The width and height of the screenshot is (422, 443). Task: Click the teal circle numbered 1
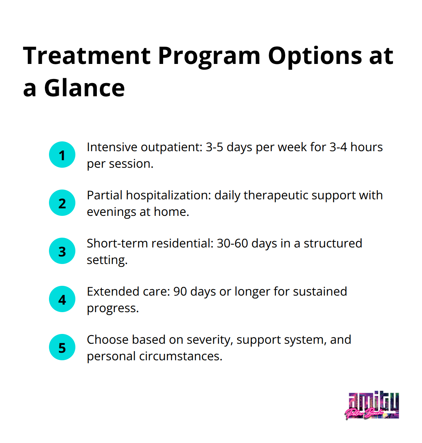[62, 155]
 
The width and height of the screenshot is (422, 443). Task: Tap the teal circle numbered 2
[62, 203]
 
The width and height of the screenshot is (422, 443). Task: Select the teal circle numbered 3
[62, 251]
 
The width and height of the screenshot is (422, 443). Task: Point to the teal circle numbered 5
[62, 347]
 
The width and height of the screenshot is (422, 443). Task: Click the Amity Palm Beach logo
[372, 406]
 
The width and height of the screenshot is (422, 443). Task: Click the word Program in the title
[209, 56]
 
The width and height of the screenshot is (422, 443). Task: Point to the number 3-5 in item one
[214, 147]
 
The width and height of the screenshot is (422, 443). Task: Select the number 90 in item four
[180, 291]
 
